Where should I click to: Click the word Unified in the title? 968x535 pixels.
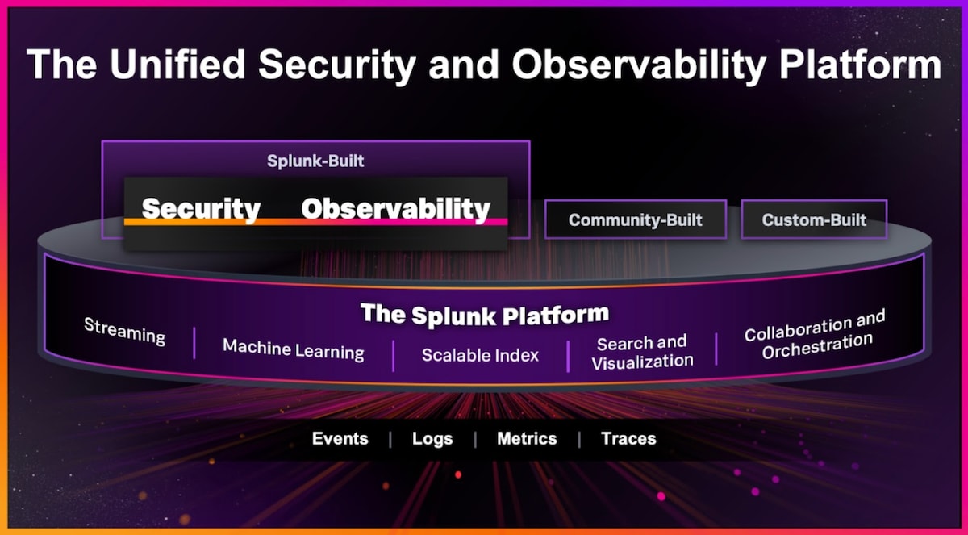click(177, 65)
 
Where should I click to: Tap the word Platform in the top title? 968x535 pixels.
click(860, 65)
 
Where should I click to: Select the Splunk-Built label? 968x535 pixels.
click(315, 161)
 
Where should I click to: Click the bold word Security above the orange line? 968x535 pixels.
click(201, 209)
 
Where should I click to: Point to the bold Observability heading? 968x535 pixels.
click(395, 209)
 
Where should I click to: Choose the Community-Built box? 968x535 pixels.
click(636, 219)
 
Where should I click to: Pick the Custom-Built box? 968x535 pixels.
click(814, 219)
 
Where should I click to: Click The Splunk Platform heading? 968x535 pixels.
click(485, 314)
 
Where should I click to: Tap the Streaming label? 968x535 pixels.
click(124, 332)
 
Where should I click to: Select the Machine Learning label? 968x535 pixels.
click(294, 349)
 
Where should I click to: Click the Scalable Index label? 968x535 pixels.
click(480, 355)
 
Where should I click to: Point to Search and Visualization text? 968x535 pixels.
click(642, 353)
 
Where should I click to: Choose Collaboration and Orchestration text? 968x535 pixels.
click(815, 335)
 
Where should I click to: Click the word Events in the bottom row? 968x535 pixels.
click(340, 439)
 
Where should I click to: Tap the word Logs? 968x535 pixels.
click(432, 439)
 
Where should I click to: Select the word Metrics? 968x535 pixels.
click(527, 439)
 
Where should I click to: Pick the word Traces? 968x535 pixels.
click(628, 439)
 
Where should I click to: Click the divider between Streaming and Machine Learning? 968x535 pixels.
click(194, 343)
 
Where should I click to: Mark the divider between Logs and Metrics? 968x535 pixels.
click(475, 440)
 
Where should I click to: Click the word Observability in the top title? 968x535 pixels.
click(639, 65)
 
